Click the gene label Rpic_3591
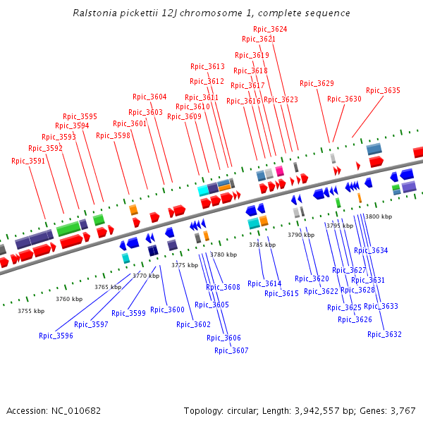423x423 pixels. tap(28, 161)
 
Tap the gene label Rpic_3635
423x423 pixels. tap(383, 90)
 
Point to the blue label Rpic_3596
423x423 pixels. tap(56, 336)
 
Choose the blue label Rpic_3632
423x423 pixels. tap(384, 334)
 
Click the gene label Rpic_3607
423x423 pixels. tap(231, 350)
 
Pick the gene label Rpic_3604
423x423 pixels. tap(149, 97)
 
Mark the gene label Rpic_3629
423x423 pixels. tap(317, 83)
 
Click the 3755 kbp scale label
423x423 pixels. tap(31, 311)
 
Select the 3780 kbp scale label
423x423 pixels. tap(223, 255)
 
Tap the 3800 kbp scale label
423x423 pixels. tap(379, 216)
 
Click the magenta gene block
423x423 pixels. tap(280, 171)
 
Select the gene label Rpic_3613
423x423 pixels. tap(207, 66)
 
